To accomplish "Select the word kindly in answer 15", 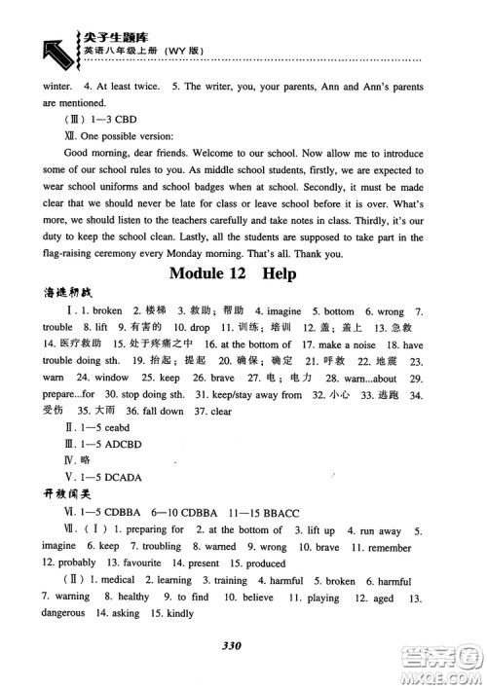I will point(176,614).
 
